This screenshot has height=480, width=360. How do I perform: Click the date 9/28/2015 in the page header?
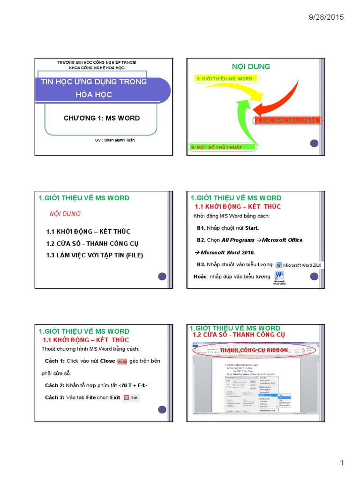326,17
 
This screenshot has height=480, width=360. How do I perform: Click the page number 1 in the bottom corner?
342,463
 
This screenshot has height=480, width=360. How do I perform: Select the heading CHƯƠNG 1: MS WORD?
102,118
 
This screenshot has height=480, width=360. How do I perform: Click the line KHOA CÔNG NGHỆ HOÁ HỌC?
97,68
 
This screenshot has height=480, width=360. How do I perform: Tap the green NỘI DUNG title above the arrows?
251,67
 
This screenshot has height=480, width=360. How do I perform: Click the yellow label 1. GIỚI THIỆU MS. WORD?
224,79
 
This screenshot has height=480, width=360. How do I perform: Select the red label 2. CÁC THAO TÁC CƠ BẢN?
287,120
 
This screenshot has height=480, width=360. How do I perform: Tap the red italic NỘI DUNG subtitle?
65,214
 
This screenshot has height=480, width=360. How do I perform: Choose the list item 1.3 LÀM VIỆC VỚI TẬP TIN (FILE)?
94,255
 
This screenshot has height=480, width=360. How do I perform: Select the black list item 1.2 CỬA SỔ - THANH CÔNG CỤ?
92,244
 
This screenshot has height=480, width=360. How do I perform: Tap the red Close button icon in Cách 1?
122,361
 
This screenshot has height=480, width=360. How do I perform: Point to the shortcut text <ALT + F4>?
134,385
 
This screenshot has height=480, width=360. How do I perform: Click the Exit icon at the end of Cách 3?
131,397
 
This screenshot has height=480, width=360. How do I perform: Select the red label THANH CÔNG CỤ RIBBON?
254,350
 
